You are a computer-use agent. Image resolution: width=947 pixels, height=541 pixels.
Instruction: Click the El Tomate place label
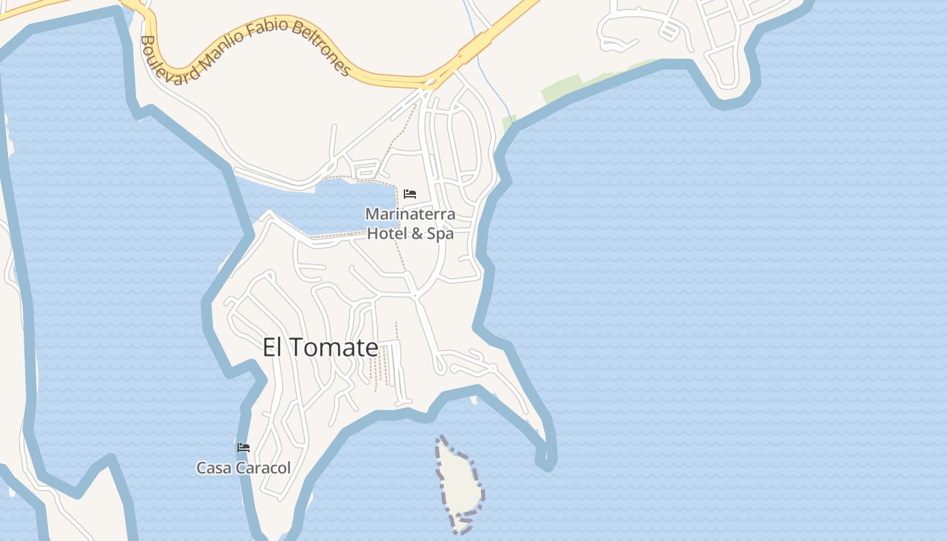320,348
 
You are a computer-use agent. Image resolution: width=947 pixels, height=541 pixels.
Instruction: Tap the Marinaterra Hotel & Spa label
410,224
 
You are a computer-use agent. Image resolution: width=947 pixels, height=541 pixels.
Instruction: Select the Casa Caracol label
244,468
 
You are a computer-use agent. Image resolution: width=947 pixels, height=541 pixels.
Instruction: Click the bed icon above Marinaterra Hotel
410,194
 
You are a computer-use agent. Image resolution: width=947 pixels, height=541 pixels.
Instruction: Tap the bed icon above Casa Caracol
244,448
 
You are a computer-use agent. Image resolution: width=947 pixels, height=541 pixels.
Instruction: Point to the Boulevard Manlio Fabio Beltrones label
244,51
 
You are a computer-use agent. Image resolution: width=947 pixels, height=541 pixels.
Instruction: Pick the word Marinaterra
410,214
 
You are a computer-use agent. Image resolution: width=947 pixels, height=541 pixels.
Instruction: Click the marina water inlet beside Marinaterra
352,203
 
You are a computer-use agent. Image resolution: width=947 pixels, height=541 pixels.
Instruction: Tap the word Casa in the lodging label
211,468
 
